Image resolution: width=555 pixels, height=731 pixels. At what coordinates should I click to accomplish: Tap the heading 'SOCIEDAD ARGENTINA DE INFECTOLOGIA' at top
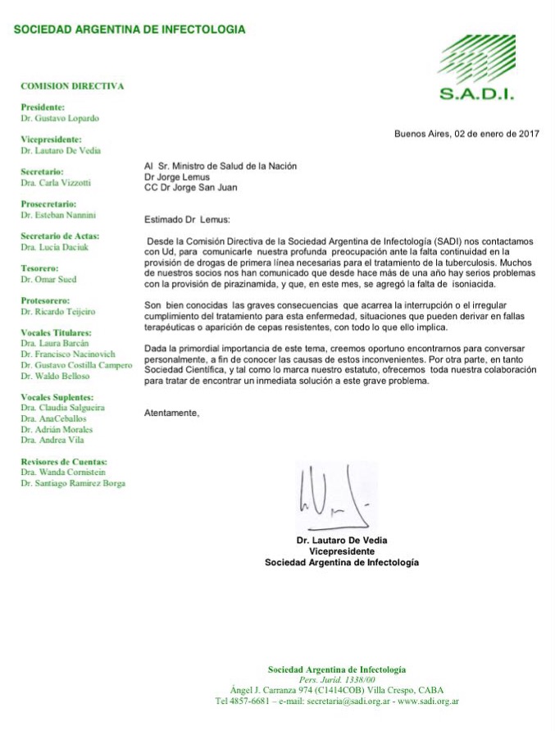click(130, 30)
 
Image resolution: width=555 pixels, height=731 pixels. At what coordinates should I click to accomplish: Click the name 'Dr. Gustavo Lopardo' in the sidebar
click(61, 118)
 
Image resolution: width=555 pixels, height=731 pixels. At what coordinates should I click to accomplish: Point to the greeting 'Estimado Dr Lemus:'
click(188, 219)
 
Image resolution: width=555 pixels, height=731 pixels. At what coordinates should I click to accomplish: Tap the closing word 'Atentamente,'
click(171, 412)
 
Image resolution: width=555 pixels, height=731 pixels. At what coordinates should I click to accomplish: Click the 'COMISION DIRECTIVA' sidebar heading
click(72, 85)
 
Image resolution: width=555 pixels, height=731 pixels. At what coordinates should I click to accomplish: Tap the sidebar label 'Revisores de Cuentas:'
click(64, 461)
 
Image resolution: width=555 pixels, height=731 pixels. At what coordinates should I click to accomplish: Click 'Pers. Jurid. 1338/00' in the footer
click(337, 680)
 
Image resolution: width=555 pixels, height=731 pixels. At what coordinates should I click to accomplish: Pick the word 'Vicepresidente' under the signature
click(342, 551)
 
